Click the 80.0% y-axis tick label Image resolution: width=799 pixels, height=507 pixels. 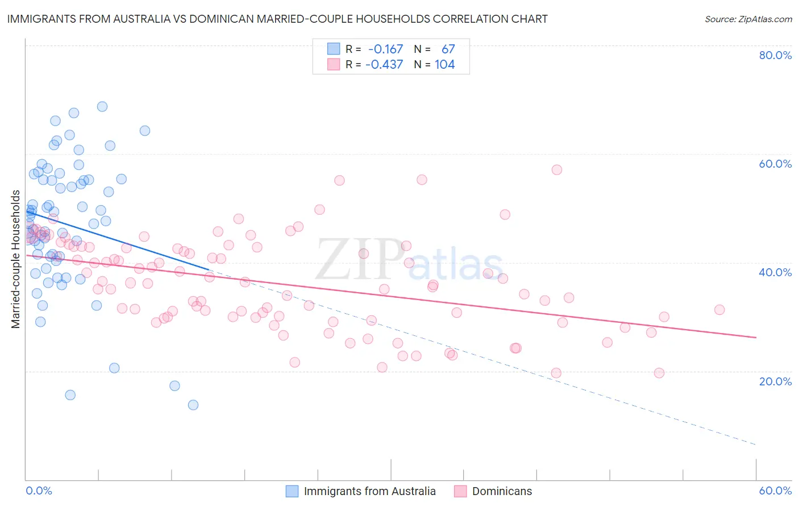coord(775,55)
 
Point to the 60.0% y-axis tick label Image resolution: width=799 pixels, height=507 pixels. coord(775,164)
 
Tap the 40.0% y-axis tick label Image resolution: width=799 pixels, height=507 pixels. coord(775,272)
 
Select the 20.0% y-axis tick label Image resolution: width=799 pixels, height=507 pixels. coord(775,381)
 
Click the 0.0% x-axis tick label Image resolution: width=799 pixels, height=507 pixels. coord(39,491)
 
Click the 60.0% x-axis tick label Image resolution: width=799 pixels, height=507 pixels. coord(775,491)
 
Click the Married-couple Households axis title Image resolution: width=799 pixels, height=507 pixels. coord(16,259)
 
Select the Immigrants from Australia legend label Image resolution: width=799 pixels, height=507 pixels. coord(369,491)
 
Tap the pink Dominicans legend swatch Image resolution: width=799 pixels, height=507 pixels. coord(460,491)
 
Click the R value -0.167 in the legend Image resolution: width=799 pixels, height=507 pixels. coord(385,49)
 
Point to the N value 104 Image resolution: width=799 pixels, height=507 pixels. coord(444,65)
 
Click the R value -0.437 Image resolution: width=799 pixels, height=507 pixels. coord(384,65)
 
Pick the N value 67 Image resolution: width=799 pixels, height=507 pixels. coord(448,49)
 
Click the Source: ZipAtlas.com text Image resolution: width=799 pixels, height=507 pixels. coord(748,19)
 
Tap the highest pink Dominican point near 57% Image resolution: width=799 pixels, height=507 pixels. coord(557,170)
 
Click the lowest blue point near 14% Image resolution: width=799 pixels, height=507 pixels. coord(193,405)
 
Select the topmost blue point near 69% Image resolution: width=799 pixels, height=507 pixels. coord(102,106)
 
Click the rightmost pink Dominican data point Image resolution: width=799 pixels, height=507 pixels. coord(719,310)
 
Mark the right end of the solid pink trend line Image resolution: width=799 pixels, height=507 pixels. coord(756,338)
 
